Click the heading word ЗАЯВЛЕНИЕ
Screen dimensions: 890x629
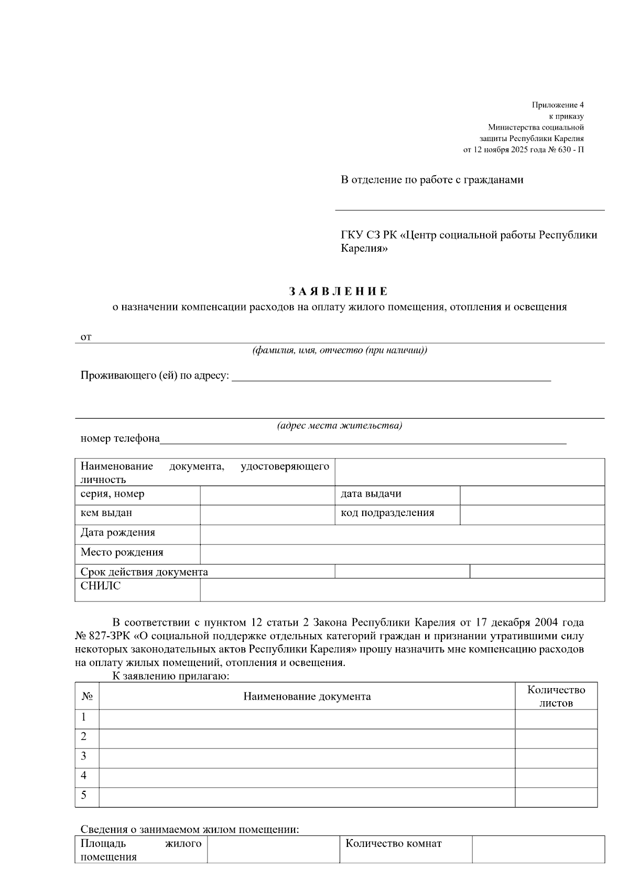[339, 291]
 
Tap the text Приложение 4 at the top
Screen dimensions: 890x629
[558, 105]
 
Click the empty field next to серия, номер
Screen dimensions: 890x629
[267, 495]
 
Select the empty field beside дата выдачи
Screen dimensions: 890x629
[532, 495]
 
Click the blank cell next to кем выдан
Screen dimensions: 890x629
[267, 514]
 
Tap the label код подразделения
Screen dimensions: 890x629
[387, 513]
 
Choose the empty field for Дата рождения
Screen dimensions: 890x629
[402, 534]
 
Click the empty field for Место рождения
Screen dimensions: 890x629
[402, 554]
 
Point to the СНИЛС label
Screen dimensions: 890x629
[101, 586]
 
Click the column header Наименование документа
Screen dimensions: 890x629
[307, 696]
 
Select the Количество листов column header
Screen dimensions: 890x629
[556, 696]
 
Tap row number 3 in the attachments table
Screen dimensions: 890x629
[84, 756]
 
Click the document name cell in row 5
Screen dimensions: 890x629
[307, 797]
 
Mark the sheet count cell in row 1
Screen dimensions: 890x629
[556, 719]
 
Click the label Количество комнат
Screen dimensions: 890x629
[393, 843]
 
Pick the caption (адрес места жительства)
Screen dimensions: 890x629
[339, 425]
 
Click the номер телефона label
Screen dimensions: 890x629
[120, 438]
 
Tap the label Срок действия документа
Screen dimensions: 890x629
[144, 572]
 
